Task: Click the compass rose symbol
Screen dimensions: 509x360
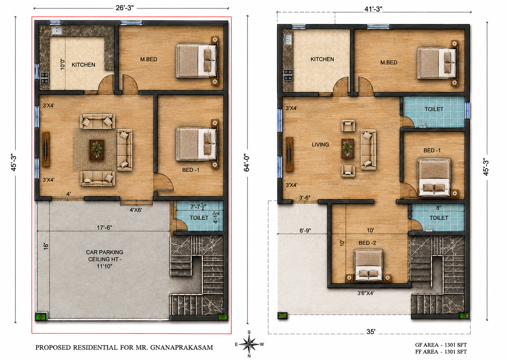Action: pos(249,344)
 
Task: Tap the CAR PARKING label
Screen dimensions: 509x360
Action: pos(104,252)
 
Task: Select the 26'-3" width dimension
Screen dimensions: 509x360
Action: pos(125,8)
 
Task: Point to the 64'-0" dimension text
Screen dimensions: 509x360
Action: pos(247,163)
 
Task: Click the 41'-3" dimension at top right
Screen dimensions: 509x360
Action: pos(373,9)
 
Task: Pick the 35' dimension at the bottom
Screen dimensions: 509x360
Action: pos(371,332)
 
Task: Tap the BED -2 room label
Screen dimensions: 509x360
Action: pos(367,243)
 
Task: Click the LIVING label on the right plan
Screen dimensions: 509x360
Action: pos(321,144)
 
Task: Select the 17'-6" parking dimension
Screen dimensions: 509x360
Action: pos(104,227)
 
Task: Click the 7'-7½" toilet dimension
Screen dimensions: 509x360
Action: pos(198,207)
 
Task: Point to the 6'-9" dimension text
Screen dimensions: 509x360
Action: pos(305,231)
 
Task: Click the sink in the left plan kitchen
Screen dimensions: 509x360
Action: pos(57,31)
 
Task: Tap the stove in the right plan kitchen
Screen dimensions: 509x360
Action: pos(288,75)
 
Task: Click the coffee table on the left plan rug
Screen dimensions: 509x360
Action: pos(97,150)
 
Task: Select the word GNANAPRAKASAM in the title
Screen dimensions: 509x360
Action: pos(181,347)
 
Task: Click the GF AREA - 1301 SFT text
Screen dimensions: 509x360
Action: pos(441,345)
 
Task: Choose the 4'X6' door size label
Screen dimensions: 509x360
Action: pos(136,210)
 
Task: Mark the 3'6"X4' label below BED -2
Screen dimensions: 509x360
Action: pos(366,293)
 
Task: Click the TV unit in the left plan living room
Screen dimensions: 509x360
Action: pos(46,149)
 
